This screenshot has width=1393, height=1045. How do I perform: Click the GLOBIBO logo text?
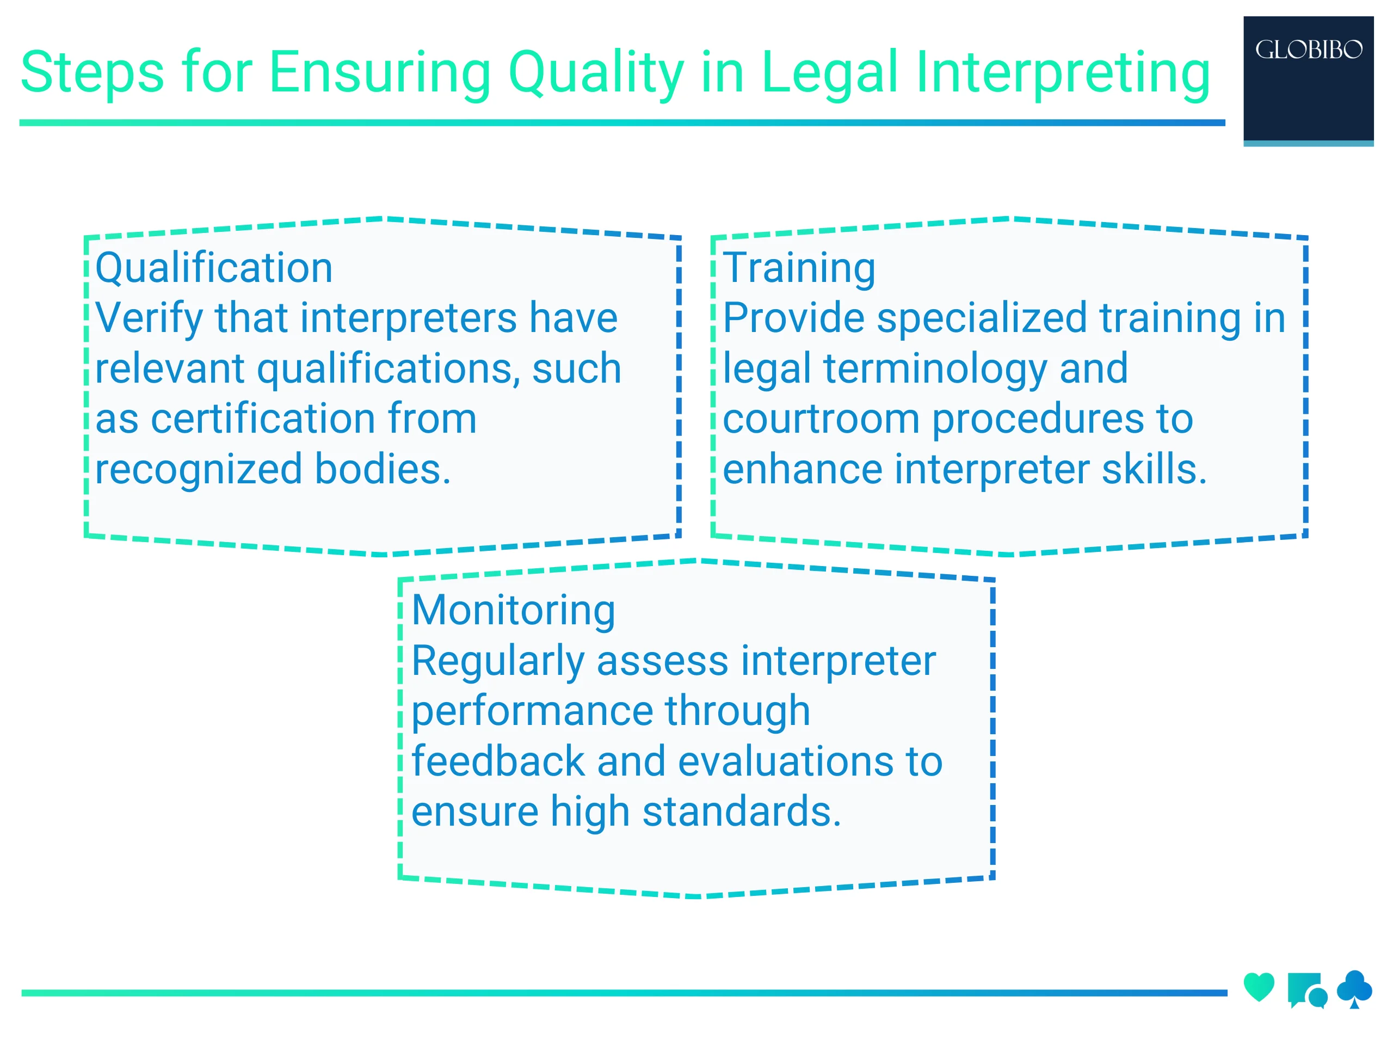click(1308, 50)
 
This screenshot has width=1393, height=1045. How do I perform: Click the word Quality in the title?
click(595, 73)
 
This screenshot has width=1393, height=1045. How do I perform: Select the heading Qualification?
click(214, 268)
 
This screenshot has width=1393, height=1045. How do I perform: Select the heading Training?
click(798, 268)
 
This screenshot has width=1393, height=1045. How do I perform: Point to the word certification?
click(263, 419)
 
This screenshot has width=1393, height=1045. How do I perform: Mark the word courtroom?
click(821, 419)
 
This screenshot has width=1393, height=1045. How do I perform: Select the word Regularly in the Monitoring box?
click(497, 661)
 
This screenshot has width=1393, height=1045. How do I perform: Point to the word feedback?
click(498, 761)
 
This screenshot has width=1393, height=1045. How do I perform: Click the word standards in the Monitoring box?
click(741, 812)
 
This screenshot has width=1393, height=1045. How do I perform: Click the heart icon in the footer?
click(1259, 986)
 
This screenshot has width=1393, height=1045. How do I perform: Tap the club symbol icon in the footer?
click(1354, 988)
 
